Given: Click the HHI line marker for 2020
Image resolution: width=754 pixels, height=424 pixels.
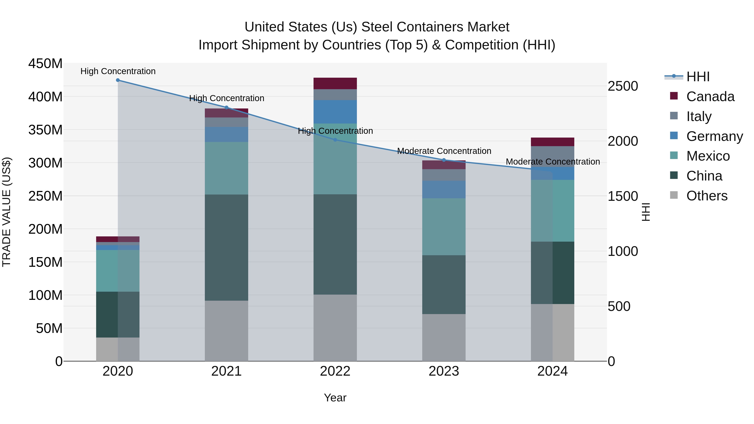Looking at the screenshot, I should [118, 80].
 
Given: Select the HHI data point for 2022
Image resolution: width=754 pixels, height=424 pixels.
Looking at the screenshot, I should [335, 140].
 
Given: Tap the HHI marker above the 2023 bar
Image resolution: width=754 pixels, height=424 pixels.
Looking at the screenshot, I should [444, 160].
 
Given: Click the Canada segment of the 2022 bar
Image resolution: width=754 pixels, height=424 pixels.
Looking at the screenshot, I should [335, 83].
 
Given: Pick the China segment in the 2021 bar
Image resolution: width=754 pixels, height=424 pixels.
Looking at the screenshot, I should [226, 247].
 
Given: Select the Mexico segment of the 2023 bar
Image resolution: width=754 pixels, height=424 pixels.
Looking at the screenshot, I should [444, 227].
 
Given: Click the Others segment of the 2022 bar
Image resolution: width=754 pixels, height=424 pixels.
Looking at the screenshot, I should [335, 328].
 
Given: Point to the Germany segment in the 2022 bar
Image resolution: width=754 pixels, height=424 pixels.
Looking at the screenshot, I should [335, 112].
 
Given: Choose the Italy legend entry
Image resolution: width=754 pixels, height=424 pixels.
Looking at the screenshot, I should [699, 116].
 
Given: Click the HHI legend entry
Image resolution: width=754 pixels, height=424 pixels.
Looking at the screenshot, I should [698, 77].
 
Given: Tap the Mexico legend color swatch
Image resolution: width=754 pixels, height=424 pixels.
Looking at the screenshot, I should [674, 155].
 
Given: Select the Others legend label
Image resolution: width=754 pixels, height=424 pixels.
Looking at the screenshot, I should [707, 196].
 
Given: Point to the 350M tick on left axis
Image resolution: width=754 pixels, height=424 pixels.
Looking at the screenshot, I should [45, 130].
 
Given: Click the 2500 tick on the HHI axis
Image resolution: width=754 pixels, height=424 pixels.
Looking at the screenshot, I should [623, 86].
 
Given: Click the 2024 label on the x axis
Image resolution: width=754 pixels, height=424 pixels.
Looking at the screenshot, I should [552, 371].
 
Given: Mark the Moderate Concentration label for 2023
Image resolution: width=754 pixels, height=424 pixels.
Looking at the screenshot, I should [444, 151].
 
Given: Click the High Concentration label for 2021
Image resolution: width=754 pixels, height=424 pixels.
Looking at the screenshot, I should [227, 98].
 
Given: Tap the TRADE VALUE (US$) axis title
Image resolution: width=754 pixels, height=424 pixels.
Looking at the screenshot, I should [6, 212].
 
